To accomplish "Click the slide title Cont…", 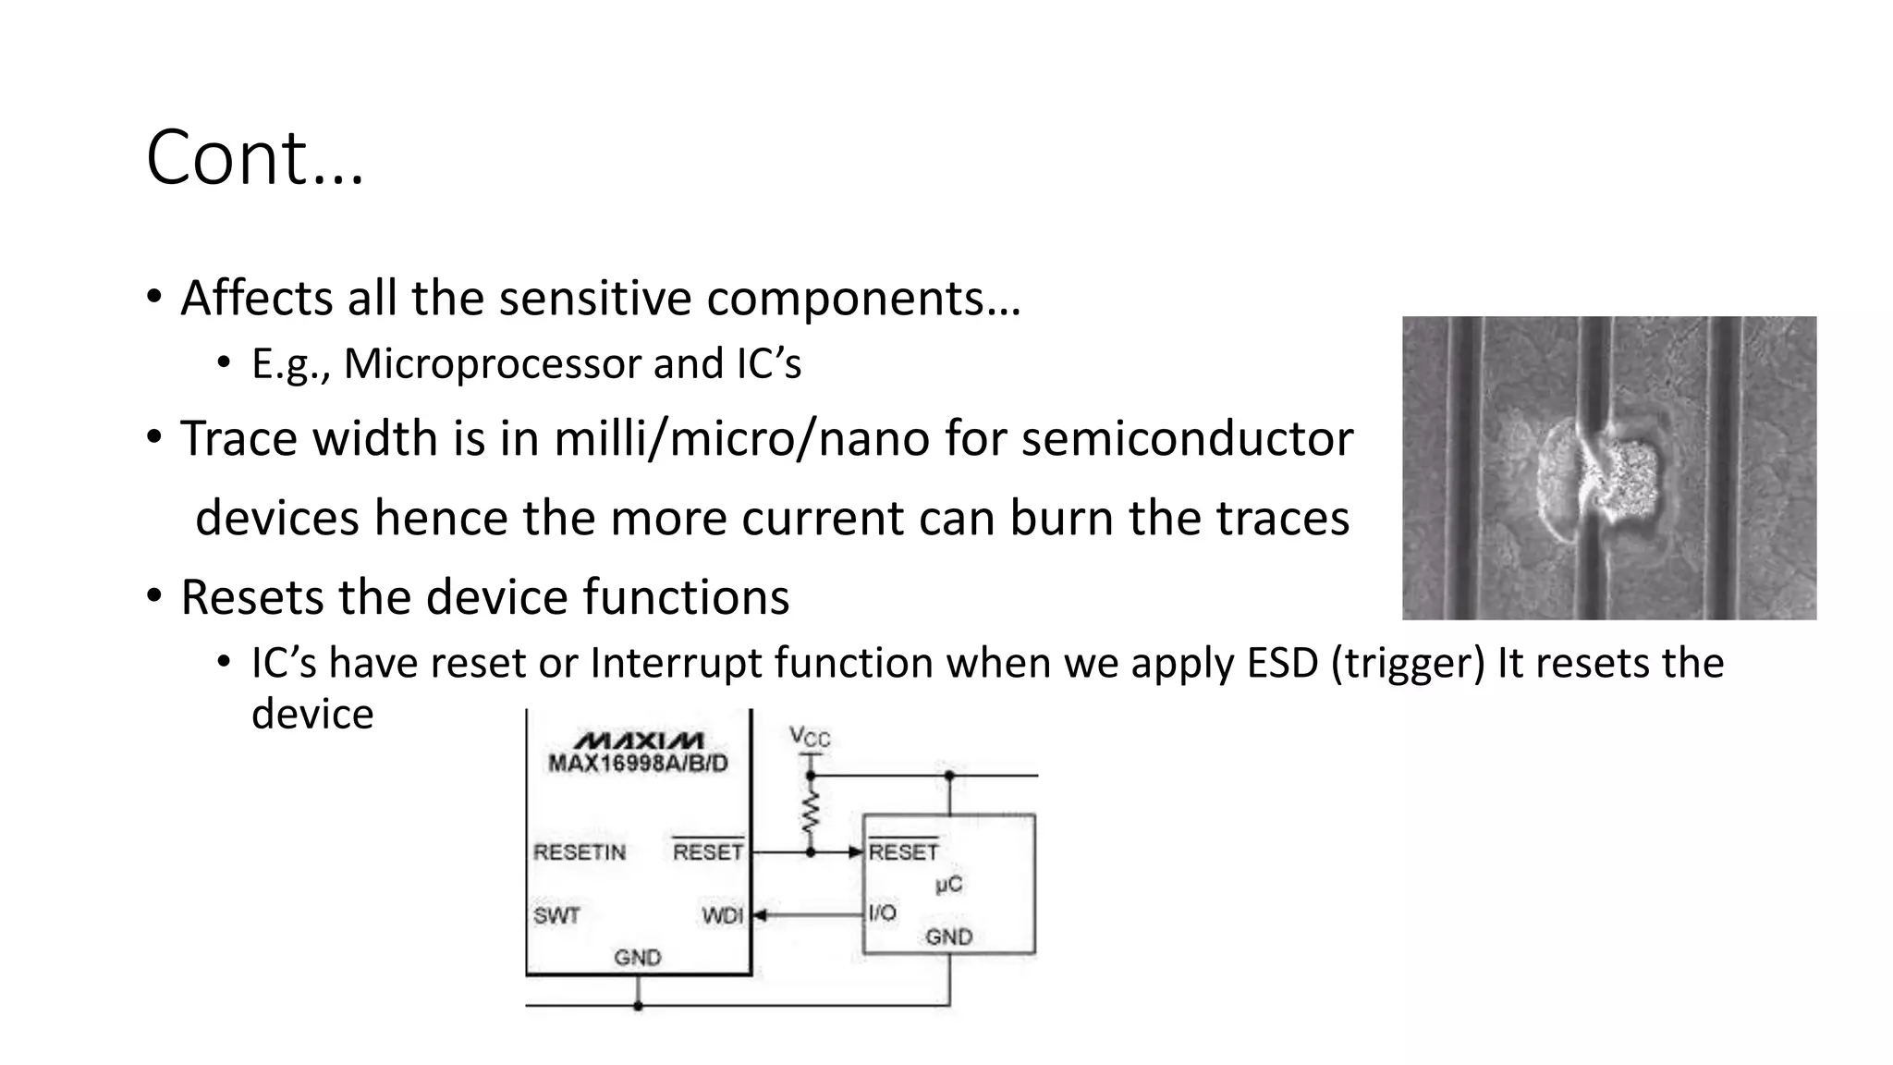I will click(x=255, y=158).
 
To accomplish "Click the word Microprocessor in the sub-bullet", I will click(x=492, y=363).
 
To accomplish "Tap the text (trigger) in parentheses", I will click(x=1408, y=664).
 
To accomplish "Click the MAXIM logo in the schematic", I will click(x=639, y=741).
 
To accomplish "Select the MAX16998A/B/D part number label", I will click(x=639, y=764).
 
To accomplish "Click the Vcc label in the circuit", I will click(x=810, y=737).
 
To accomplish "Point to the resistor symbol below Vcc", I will click(x=811, y=813).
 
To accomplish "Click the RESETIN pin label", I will click(x=580, y=852).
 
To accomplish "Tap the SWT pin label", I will click(x=556, y=916).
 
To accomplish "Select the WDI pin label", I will click(x=722, y=916).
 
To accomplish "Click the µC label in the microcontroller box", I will click(x=948, y=885).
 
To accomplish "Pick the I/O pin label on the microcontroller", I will click(x=883, y=913).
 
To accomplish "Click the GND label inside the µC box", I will click(x=949, y=937).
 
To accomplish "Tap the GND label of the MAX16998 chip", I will click(x=638, y=958).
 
